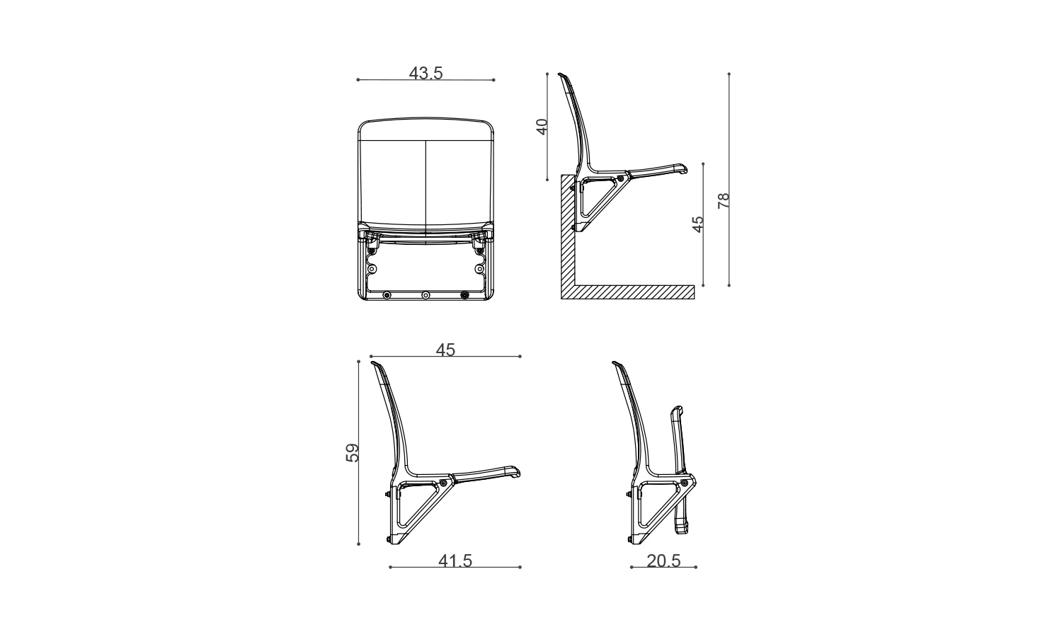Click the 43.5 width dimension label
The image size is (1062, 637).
coord(426,74)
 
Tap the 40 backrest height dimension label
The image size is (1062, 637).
coord(542,127)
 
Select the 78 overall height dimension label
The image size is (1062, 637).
coord(724,200)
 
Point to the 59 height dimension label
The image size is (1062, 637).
coord(353,453)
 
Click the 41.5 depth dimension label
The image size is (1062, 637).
coord(455,561)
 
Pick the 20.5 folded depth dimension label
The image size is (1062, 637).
coord(664,561)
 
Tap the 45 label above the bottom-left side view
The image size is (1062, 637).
coord(445,350)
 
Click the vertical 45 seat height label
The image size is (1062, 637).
coord(698,224)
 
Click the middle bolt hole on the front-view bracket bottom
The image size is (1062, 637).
coord(426,295)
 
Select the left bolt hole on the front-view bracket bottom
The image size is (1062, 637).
coord(387,295)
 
